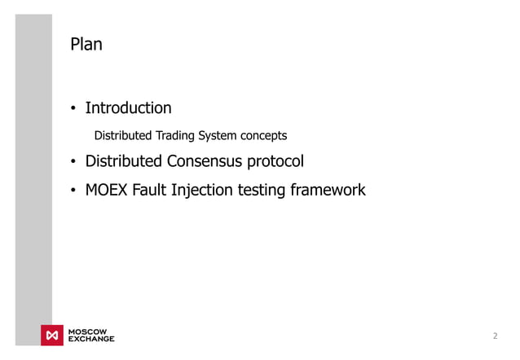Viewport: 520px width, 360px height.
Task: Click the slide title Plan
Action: (86, 44)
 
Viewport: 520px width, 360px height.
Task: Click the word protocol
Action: (275, 161)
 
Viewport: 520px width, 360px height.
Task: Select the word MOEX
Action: (108, 190)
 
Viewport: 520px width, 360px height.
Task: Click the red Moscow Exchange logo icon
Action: (52, 336)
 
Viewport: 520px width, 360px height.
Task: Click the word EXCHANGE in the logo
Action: (90, 339)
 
